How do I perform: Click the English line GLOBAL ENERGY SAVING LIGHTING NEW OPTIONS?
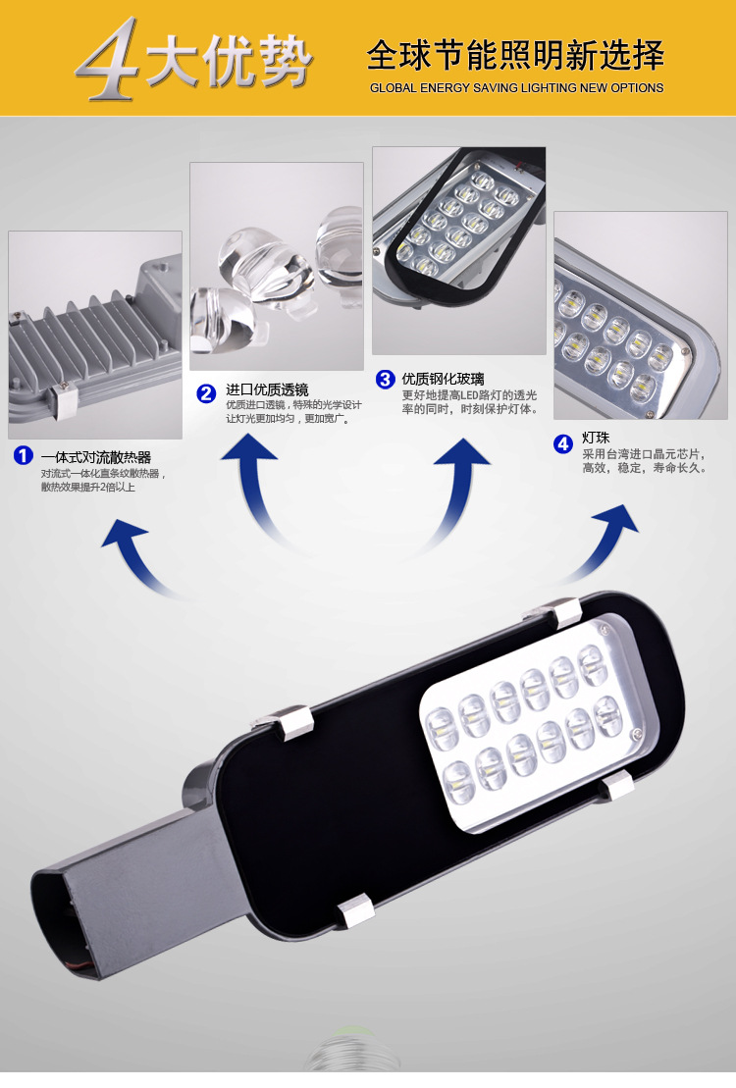point(516,88)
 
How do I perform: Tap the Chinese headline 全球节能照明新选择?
point(516,56)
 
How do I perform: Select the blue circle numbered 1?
point(24,456)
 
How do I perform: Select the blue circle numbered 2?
point(206,394)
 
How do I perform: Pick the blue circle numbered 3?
point(386,379)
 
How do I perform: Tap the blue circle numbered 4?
point(563,443)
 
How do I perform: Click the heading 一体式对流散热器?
point(96,457)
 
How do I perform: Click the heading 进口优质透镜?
point(267,389)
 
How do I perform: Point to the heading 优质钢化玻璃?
point(443,379)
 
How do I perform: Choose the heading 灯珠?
point(596,438)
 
